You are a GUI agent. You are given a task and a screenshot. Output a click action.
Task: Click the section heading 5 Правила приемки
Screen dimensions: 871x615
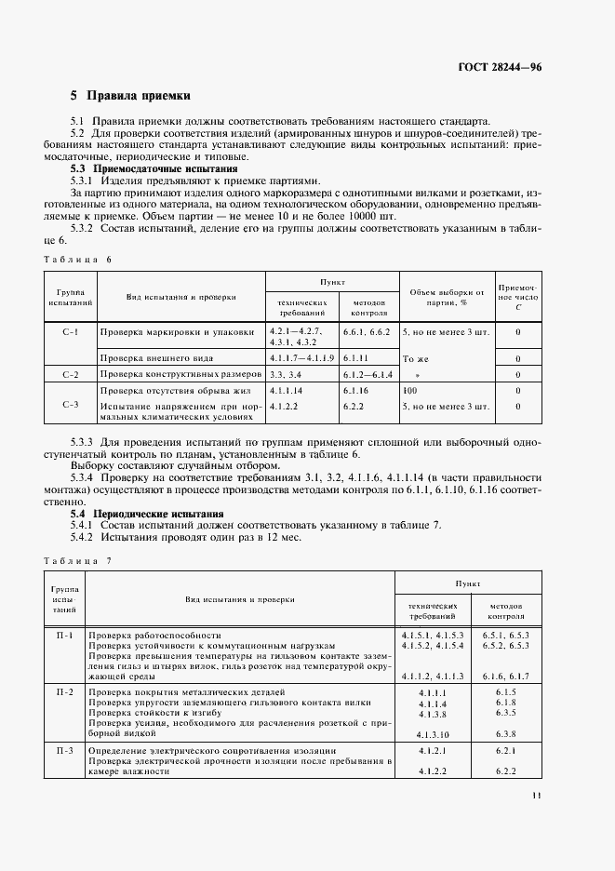130,95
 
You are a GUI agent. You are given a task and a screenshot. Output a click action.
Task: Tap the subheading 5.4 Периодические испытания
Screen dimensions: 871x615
147,513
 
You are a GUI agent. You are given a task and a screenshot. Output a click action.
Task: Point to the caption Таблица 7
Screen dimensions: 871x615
76,560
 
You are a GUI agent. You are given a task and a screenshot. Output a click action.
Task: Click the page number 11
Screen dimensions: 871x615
537,795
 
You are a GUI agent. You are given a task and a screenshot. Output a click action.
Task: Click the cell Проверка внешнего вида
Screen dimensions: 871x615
156,357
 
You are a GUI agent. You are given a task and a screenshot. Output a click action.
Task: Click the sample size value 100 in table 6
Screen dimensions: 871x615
410,391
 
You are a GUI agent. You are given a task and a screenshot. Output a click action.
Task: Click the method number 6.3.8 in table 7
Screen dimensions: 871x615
505,734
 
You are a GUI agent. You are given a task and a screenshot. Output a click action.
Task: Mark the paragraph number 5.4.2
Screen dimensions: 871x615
87,538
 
